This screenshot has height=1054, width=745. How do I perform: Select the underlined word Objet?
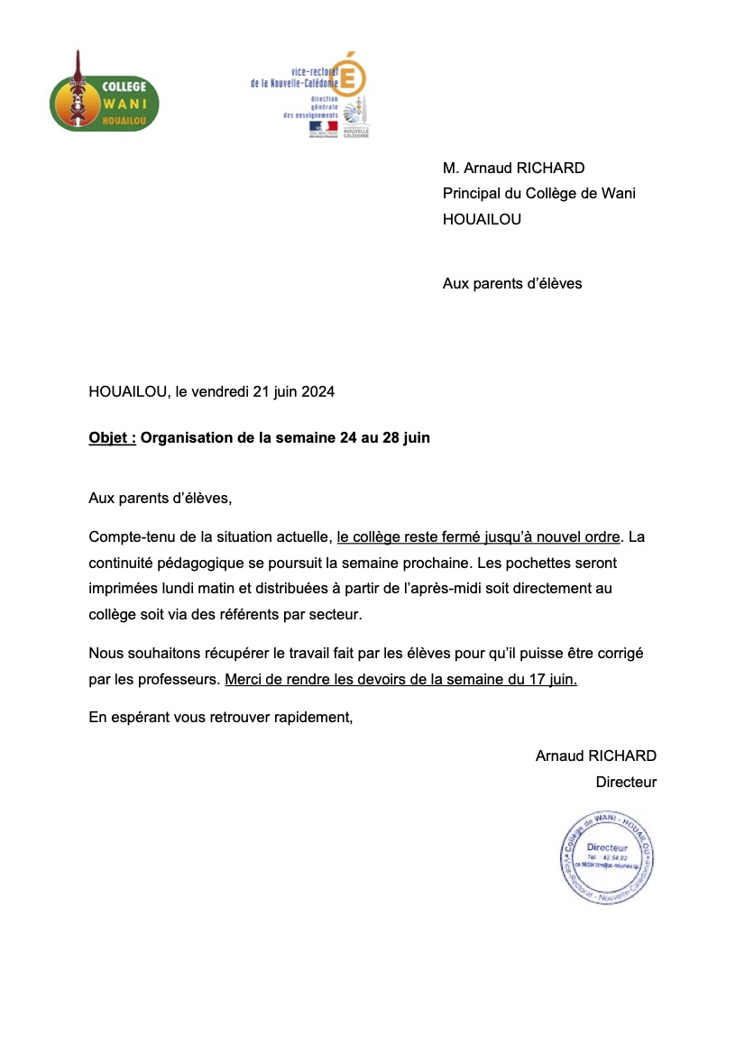(110, 438)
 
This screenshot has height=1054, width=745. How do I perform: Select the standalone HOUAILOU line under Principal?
(482, 218)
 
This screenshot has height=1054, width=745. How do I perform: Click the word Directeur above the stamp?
(626, 782)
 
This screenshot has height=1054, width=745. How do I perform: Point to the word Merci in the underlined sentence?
(244, 679)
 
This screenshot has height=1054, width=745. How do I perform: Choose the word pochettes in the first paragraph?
(509, 562)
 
